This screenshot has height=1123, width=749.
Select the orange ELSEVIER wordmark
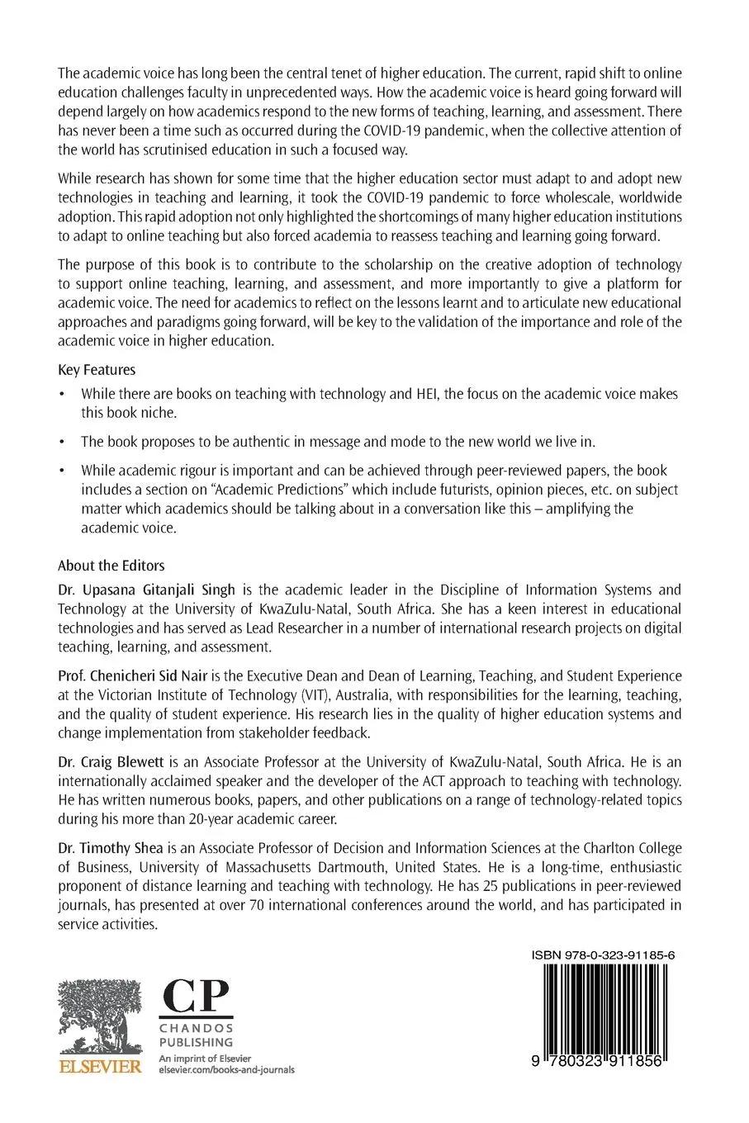point(99,1068)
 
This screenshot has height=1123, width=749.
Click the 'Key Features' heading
point(97,370)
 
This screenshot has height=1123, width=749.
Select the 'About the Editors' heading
point(111,566)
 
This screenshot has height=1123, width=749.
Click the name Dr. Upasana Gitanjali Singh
point(146,590)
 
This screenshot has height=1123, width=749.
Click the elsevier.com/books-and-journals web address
point(225,1070)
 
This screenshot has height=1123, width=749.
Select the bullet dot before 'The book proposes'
point(61,442)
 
